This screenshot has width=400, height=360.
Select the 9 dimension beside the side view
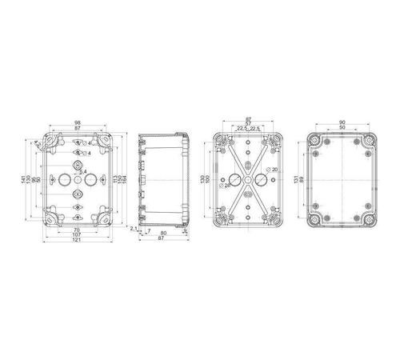[x=185, y=231]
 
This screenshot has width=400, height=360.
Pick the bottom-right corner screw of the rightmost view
[x=369, y=217]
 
